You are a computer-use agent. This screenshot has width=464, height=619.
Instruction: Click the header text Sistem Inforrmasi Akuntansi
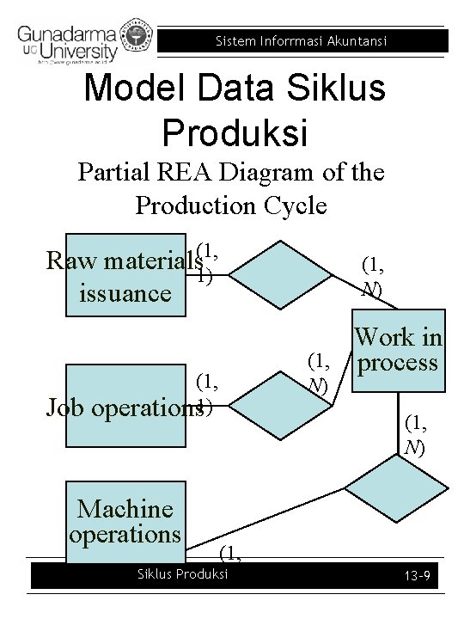click(x=301, y=41)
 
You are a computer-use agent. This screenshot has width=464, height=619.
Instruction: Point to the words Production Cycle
click(x=230, y=205)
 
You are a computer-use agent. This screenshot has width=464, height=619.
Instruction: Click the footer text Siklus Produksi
click(x=184, y=573)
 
